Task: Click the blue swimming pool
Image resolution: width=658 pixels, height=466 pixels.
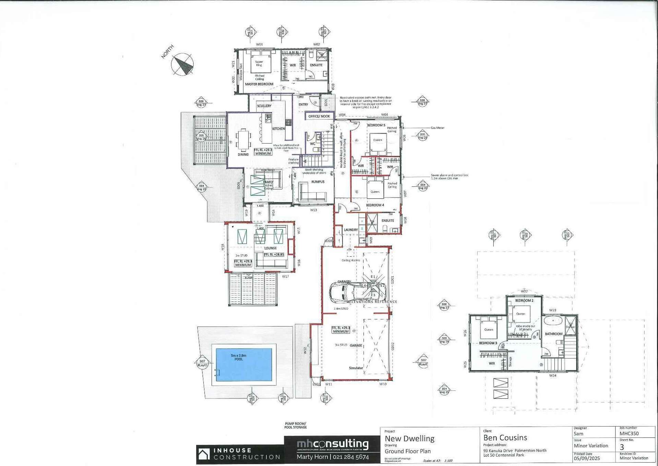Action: point(243,365)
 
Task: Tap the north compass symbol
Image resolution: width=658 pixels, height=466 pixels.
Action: point(182,64)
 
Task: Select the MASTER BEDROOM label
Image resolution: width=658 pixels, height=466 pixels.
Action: point(259,84)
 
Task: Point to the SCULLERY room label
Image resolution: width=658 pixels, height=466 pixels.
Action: point(264,106)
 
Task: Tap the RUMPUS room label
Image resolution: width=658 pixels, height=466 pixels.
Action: point(318,182)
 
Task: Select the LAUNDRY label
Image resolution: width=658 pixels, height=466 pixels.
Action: point(350,230)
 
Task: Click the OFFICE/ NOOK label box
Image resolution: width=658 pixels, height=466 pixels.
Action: point(319,116)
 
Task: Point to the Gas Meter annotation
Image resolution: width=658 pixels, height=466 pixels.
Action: point(438,128)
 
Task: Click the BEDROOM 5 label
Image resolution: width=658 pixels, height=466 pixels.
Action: point(376,125)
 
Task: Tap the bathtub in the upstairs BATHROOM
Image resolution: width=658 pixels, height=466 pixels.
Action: point(552,321)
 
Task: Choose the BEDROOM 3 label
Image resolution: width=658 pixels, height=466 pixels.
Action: point(488,343)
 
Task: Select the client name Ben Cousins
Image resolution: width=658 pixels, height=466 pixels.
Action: point(505,437)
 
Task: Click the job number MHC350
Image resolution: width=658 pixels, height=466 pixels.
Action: point(629,434)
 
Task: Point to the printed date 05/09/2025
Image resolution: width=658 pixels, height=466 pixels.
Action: point(587,458)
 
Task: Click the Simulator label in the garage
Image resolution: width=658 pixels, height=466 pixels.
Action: point(356,368)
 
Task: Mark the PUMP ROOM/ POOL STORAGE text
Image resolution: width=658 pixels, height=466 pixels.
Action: point(295,425)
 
